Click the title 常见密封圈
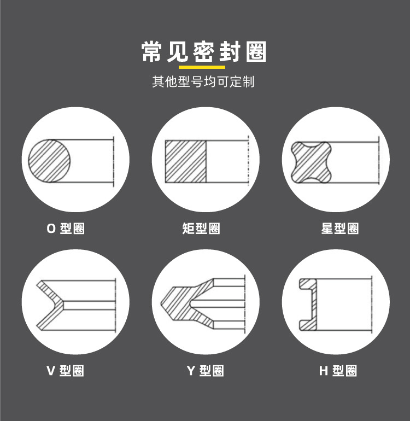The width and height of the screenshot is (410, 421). [x=204, y=52]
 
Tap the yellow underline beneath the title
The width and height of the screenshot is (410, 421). [x=202, y=67]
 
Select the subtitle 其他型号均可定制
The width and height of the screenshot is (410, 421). [x=203, y=81]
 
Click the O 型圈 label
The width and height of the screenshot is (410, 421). [x=66, y=229]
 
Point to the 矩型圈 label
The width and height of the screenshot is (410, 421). [x=201, y=229]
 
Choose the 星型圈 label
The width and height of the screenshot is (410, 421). [x=340, y=229]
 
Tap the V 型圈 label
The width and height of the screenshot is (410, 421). [x=65, y=371]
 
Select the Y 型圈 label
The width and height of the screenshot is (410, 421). [x=206, y=371]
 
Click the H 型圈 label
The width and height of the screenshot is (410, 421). [x=338, y=371]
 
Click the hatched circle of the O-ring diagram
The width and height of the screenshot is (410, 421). [x=49, y=161]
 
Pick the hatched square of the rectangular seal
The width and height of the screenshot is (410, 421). [x=186, y=162]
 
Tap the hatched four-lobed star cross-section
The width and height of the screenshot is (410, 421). [x=312, y=162]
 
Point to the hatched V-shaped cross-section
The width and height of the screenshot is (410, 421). [x=50, y=305]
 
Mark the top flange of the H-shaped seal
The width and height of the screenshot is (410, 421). [x=308, y=284]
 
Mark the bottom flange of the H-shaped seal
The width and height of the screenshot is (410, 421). [x=308, y=325]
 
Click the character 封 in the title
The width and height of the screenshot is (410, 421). [x=230, y=52]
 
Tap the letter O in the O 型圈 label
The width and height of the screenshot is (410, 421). [x=51, y=229]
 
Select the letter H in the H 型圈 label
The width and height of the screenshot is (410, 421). [x=324, y=371]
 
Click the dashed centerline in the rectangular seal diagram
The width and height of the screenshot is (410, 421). [x=249, y=161]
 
